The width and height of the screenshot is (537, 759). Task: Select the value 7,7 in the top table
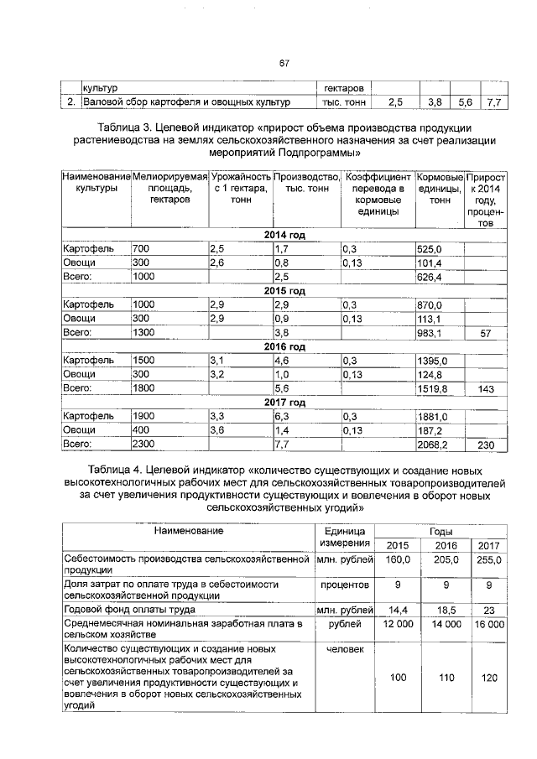click(x=493, y=102)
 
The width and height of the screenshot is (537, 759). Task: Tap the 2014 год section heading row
click(x=284, y=234)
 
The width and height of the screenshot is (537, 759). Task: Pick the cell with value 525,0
click(x=429, y=248)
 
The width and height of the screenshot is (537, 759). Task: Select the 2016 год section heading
click(x=284, y=346)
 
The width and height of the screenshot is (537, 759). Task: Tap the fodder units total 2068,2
click(x=433, y=444)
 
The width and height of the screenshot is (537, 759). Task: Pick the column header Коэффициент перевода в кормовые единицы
click(x=378, y=192)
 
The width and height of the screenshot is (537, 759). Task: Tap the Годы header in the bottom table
click(x=441, y=532)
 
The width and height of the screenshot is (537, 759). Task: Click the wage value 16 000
click(x=488, y=625)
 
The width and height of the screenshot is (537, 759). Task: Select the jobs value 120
click(x=488, y=676)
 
